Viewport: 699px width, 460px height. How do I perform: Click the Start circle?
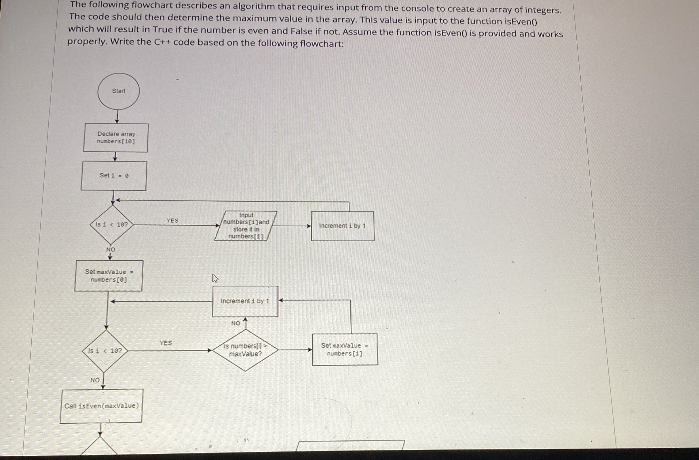click(118, 91)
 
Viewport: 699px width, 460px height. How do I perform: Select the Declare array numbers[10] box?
click(116, 138)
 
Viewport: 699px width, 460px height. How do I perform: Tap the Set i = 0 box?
click(114, 175)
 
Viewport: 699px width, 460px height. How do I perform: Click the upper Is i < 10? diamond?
click(112, 225)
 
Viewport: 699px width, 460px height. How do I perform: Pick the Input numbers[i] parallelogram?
click(246, 226)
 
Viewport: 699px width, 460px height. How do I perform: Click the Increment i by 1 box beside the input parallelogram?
click(343, 226)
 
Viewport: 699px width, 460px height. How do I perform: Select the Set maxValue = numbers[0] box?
click(109, 275)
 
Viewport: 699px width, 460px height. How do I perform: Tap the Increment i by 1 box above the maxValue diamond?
click(245, 301)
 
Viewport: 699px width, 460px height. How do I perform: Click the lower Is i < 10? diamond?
click(105, 351)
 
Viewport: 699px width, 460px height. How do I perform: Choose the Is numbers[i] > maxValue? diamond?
click(245, 350)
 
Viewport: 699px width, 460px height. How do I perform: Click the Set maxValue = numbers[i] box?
click(345, 349)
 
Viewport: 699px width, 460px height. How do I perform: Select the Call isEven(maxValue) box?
click(101, 406)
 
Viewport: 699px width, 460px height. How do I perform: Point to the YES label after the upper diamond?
click(172, 220)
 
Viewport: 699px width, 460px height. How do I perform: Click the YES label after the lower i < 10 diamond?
click(166, 343)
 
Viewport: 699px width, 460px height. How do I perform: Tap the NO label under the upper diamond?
click(111, 249)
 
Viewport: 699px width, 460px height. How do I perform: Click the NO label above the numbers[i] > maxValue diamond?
click(235, 323)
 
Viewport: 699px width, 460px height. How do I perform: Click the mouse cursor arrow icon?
click(215, 278)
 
